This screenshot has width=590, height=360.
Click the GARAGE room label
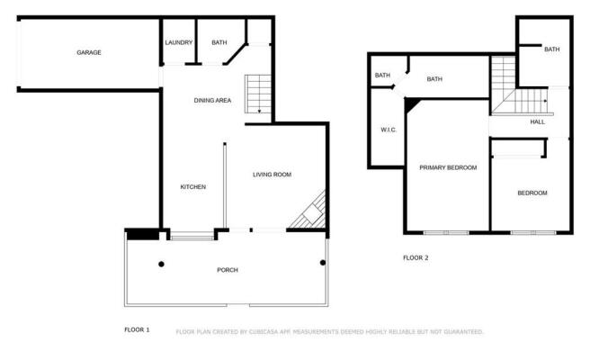(88, 52)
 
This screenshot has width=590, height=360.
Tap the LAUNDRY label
(178, 42)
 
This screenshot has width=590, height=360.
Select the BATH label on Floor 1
(219, 42)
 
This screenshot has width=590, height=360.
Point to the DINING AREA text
(213, 100)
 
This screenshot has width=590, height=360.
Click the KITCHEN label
(193, 187)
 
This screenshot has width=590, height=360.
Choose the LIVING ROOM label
(272, 175)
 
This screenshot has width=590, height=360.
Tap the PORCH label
(228, 270)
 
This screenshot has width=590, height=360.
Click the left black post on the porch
(162, 264)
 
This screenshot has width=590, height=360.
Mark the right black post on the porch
(322, 263)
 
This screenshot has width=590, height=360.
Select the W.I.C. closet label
(389, 130)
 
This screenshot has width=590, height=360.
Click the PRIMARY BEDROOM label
(448, 167)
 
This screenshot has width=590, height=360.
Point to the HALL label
(538, 121)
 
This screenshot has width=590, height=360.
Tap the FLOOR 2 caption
(416, 257)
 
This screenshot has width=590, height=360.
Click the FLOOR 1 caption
(137, 330)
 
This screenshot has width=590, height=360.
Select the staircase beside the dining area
(258, 93)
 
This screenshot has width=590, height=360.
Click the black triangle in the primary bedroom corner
(411, 104)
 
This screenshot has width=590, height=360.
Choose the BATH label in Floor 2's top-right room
(551, 49)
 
